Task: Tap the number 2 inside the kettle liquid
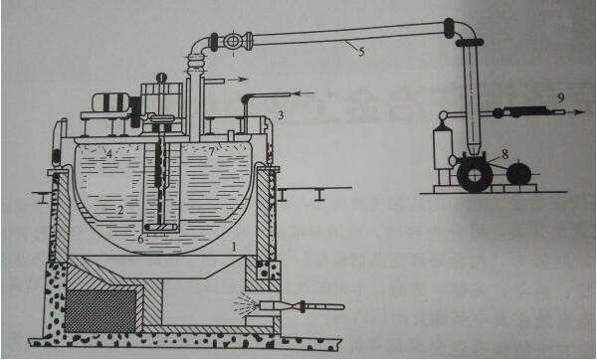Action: point(120,211)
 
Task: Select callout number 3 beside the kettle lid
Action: point(282,116)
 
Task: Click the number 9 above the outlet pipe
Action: point(561,96)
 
